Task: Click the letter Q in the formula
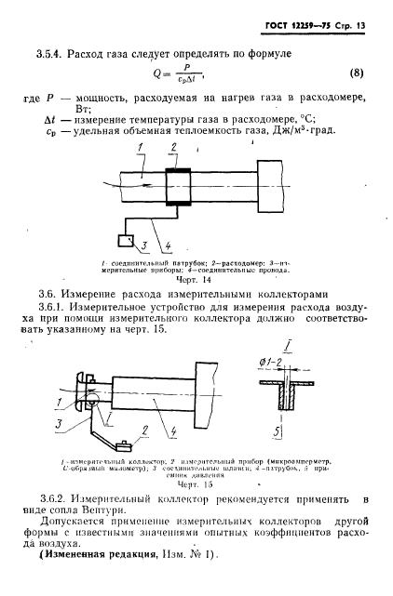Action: point(155,73)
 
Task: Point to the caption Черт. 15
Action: point(192,484)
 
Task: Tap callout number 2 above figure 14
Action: point(173,148)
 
